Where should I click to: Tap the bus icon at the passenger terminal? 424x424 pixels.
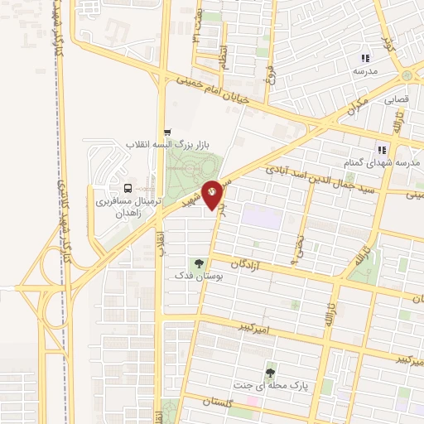pyautogui.click(x=128, y=187)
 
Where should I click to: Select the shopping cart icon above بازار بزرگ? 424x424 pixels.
pyautogui.click(x=168, y=132)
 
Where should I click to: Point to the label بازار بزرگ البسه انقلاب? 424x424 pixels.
pyautogui.click(x=164, y=145)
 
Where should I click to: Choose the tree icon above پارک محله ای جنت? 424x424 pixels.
pyautogui.click(x=269, y=373)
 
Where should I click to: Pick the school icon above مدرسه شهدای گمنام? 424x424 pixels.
pyautogui.click(x=382, y=149)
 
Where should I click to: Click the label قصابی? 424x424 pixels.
pyautogui.click(x=396, y=99)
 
